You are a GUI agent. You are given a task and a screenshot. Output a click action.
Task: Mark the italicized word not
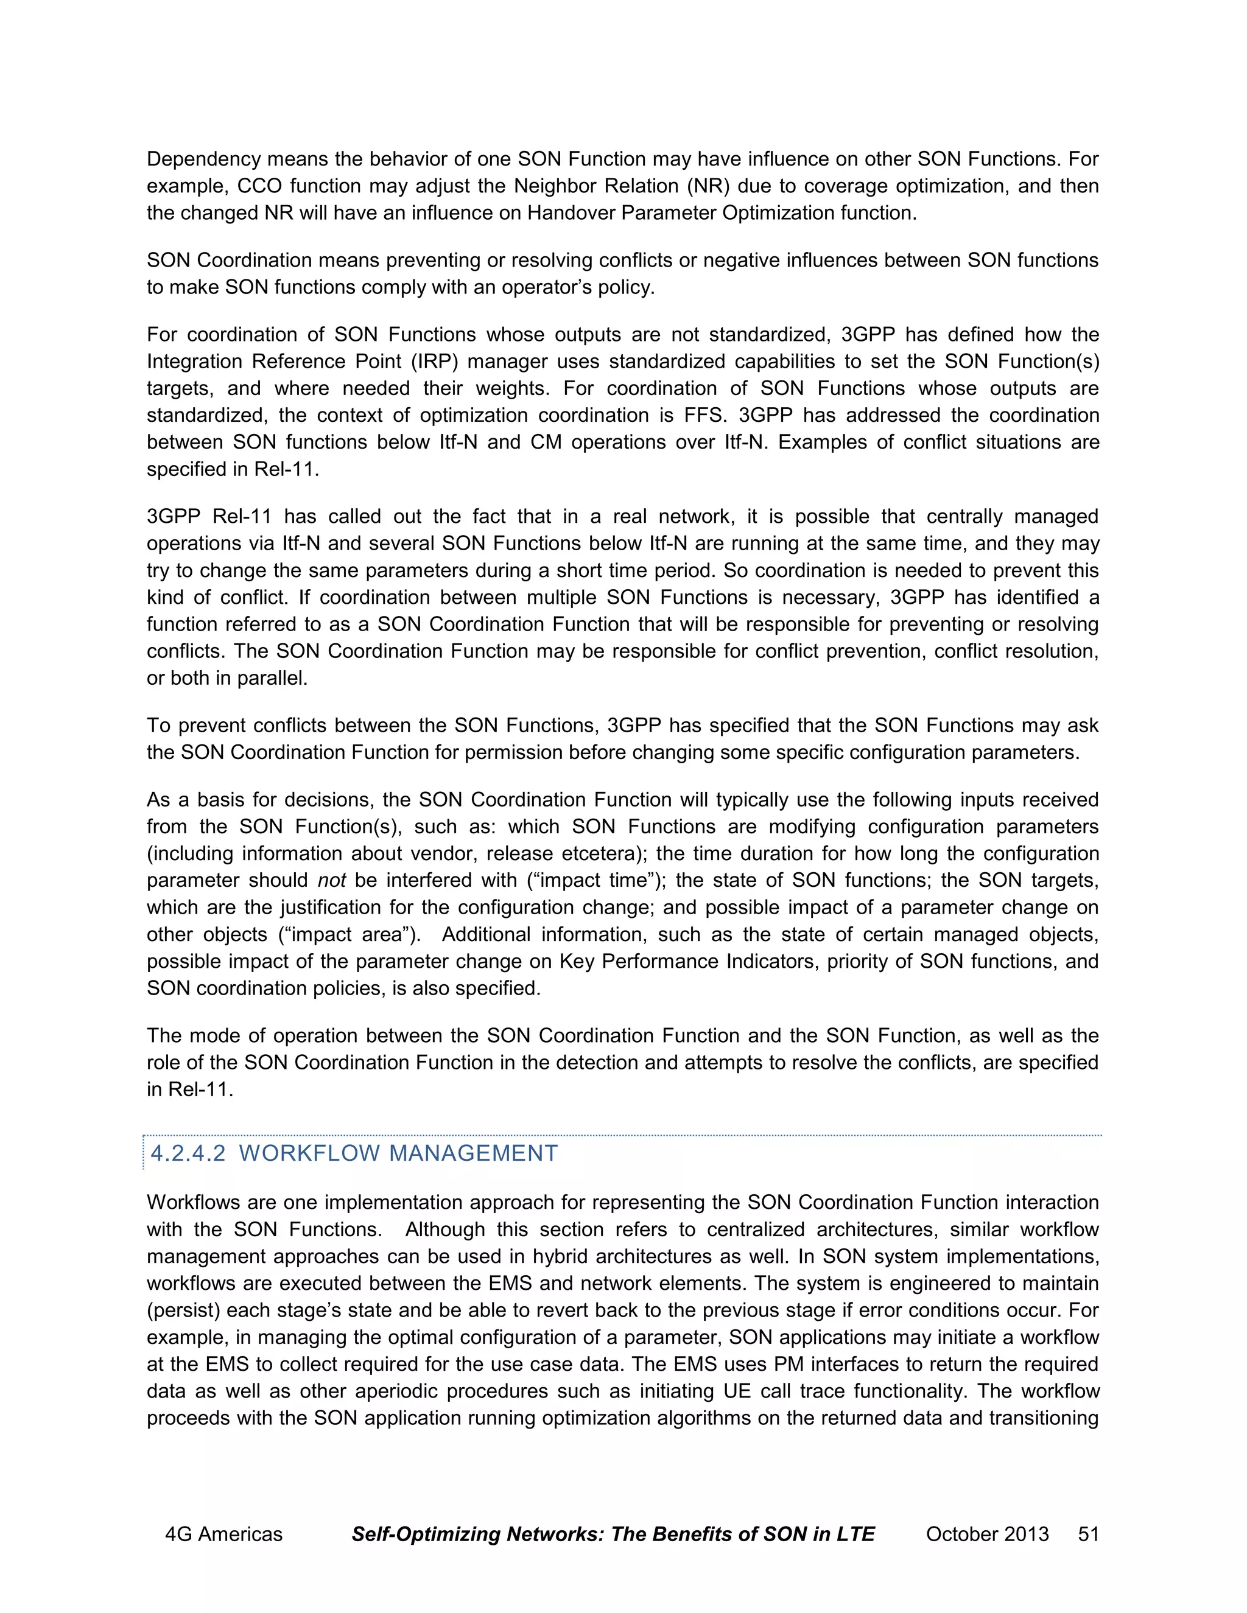[x=332, y=881]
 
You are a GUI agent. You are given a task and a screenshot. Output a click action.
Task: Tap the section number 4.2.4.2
[x=188, y=1153]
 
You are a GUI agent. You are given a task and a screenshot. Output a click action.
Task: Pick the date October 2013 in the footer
[x=987, y=1534]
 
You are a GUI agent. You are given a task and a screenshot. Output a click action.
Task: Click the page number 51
[x=1089, y=1534]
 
